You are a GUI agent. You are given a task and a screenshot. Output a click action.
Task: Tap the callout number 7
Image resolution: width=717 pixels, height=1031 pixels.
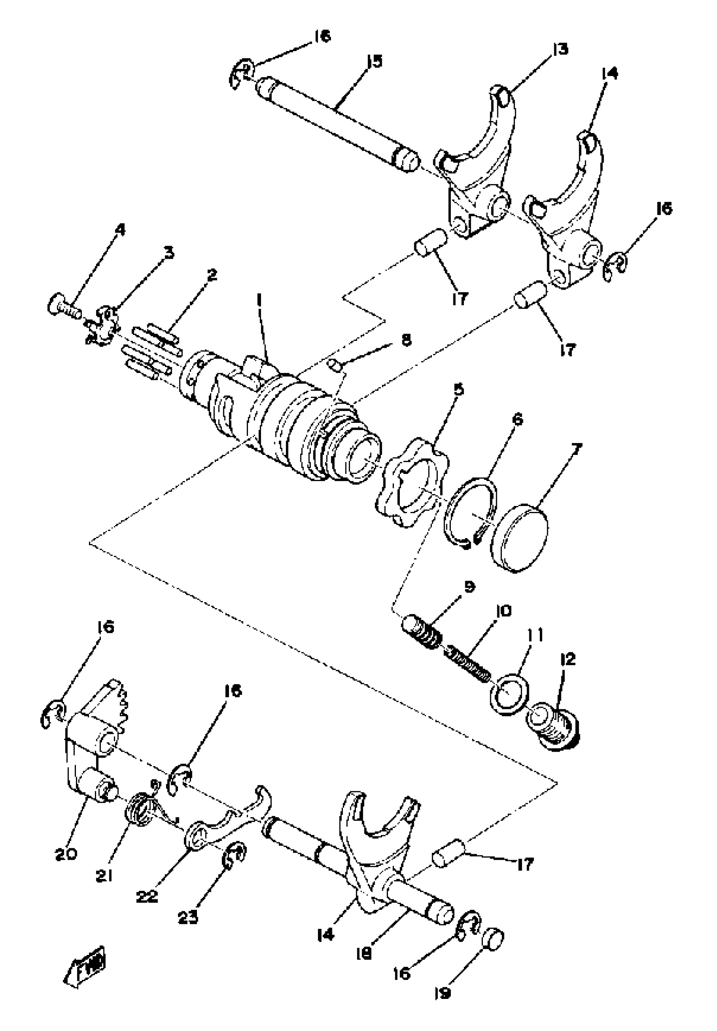[577, 448]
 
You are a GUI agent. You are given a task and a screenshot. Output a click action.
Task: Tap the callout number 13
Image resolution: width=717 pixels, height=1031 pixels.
[560, 49]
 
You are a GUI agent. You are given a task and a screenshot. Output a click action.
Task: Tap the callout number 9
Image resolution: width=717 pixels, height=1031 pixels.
[469, 587]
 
